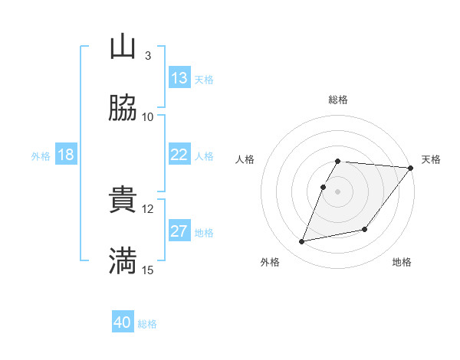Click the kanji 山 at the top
tap(123, 47)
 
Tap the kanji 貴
tap(123, 200)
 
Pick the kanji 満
tap(123, 261)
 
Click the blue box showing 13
tap(179, 78)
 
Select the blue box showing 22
tap(179, 155)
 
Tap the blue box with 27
tap(179, 231)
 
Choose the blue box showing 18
tap(66, 155)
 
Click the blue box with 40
tap(122, 322)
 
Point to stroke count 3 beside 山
tap(147, 55)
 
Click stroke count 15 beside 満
tap(148, 270)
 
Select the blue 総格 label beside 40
tap(147, 324)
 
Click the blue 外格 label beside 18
tap(41, 156)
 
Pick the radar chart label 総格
tap(338, 100)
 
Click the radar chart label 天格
tap(431, 159)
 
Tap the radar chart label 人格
tap(245, 159)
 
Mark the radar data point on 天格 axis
tap(411, 168)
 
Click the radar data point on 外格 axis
tap(302, 241)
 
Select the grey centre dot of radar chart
tap(338, 191)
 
